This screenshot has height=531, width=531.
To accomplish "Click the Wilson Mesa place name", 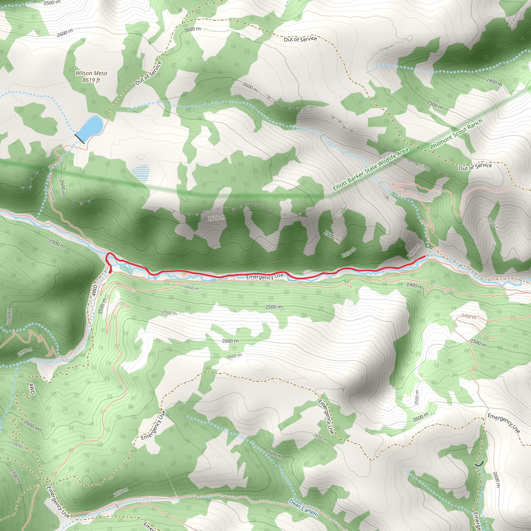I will pos(91,73).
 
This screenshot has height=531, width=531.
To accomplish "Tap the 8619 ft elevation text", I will pos(91,80).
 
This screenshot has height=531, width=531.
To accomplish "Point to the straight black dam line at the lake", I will pos(79,139).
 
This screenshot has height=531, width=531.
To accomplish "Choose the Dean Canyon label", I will pos(303,508).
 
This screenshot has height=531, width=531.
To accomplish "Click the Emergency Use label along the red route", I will pos(264,276).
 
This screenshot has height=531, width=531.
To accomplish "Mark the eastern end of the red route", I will pos(425,256).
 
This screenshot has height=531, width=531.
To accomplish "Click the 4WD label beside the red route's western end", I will pos(94,290).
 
